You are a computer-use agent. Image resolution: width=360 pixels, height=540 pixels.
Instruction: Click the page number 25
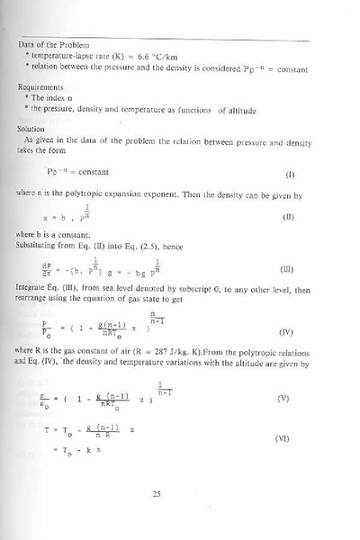(x=181, y=493)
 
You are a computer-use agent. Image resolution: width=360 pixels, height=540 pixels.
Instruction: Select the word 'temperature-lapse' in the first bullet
(x=63, y=55)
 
